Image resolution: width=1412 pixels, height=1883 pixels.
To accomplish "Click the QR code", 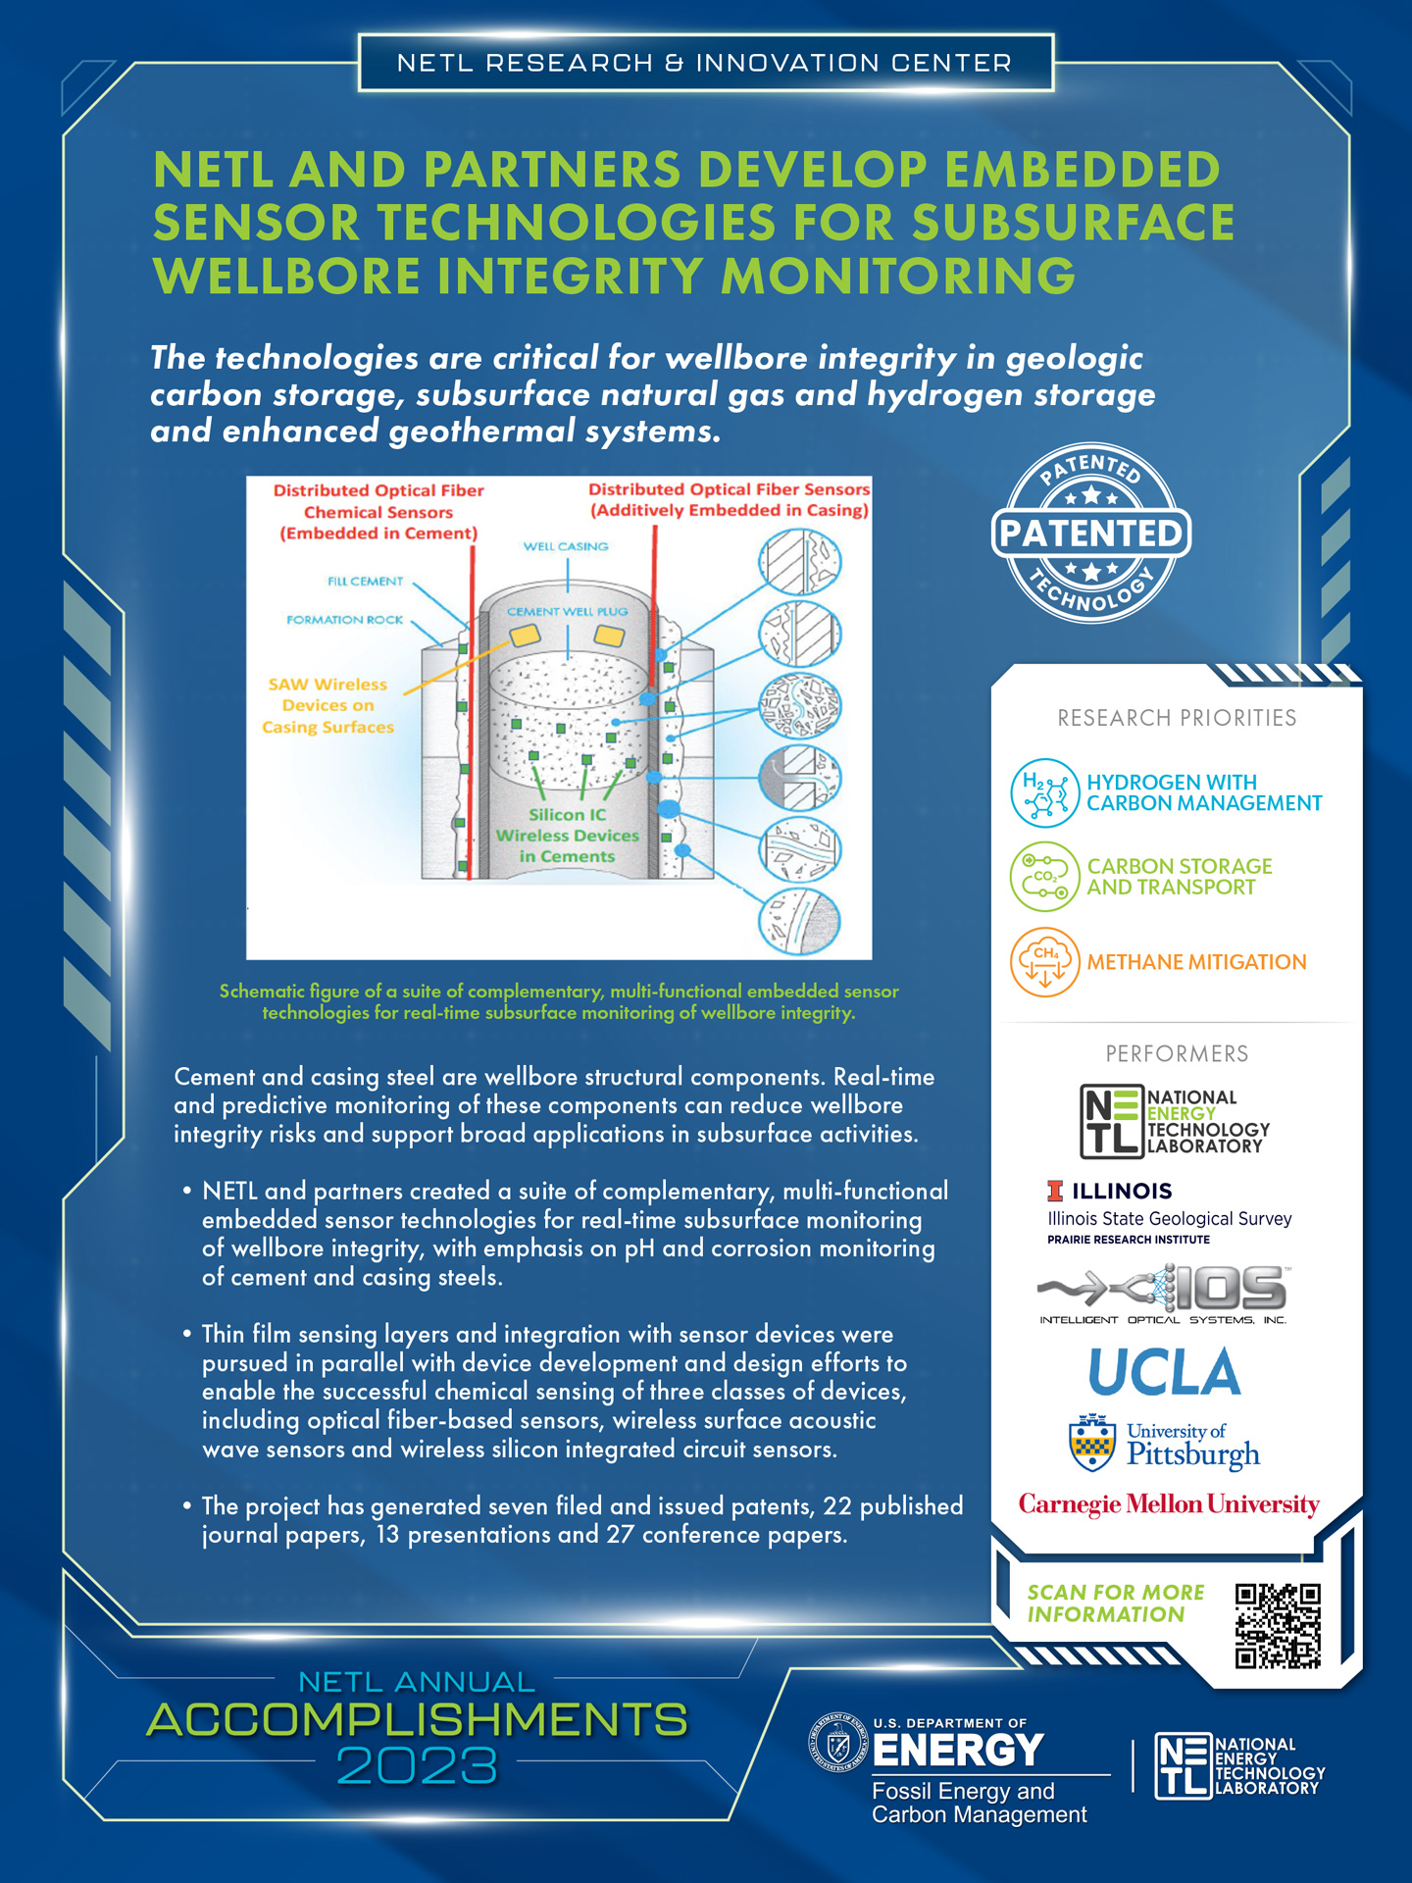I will coord(1278,1625).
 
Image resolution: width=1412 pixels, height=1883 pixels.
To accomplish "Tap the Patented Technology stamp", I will coord(1091,533).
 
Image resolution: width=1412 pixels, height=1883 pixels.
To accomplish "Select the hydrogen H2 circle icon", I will coord(1044,793).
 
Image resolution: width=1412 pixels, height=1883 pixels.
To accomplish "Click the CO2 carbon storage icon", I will coord(1044,876).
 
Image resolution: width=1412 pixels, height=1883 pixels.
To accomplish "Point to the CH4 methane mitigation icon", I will coord(1044,962).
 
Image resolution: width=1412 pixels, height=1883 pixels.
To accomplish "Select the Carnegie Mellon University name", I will coord(1169,1504).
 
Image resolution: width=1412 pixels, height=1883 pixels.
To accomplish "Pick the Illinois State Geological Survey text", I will coord(1169,1218).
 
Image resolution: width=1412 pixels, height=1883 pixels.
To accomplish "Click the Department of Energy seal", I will coord(839,1743).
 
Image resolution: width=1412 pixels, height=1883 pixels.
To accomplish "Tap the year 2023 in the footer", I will coord(417,1766).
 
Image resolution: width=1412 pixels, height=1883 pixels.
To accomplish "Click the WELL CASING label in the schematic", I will coord(566,546).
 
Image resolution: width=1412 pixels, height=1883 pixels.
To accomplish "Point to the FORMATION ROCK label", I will coord(344,620).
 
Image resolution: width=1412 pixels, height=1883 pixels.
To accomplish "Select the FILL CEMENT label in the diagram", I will coord(365,582).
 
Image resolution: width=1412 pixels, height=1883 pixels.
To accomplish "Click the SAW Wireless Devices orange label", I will coord(328,705).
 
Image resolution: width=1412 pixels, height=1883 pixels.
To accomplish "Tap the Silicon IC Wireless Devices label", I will coord(567,836).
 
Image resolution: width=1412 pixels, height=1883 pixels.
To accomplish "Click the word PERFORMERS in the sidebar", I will coord(1177,1054).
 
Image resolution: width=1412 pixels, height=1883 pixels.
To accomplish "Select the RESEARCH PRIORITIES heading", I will coord(1177,718).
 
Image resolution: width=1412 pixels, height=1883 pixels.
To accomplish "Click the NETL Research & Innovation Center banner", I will coord(705,63).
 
